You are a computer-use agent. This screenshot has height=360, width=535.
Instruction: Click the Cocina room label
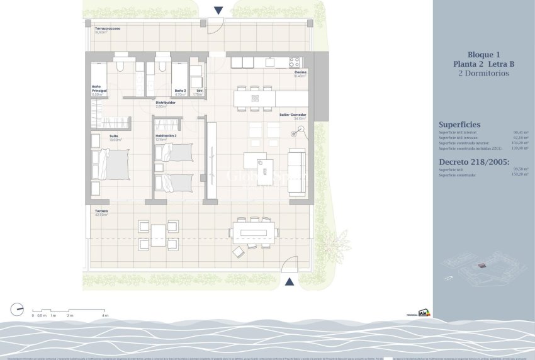pos(300,72)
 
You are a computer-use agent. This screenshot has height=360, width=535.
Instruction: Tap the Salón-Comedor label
pos(293,115)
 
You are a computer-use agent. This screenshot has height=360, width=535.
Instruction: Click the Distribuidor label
pos(165,102)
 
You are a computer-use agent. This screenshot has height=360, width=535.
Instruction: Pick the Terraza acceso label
pos(106,29)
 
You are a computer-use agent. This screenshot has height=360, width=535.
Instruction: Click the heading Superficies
pos(459,125)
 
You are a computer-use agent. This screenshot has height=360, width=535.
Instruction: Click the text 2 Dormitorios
pos(483,73)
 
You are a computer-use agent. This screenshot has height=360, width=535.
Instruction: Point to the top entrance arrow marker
pos(218,10)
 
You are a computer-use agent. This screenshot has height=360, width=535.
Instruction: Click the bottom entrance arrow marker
pos(289,282)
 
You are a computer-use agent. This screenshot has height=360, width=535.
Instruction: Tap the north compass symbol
pos(16,309)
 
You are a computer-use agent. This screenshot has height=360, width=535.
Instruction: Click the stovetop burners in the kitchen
pos(295,62)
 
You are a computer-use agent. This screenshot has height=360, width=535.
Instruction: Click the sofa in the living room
pos(296,173)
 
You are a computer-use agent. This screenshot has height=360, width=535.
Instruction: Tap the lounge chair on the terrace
pos(239,252)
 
